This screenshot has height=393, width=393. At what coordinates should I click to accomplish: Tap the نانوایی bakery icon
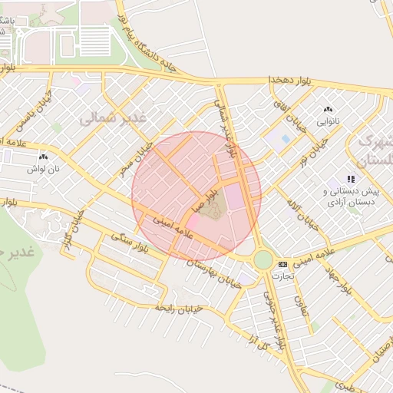pyautogui.click(x=329, y=110)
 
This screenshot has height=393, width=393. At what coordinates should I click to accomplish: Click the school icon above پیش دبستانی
pyautogui.click(x=351, y=179)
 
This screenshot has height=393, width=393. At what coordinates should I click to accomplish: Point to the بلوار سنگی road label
pyautogui.click(x=130, y=244)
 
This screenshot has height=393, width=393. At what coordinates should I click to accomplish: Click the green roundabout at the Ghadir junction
pyautogui.click(x=263, y=260)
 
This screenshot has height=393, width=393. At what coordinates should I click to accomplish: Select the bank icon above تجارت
pyautogui.click(x=282, y=263)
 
